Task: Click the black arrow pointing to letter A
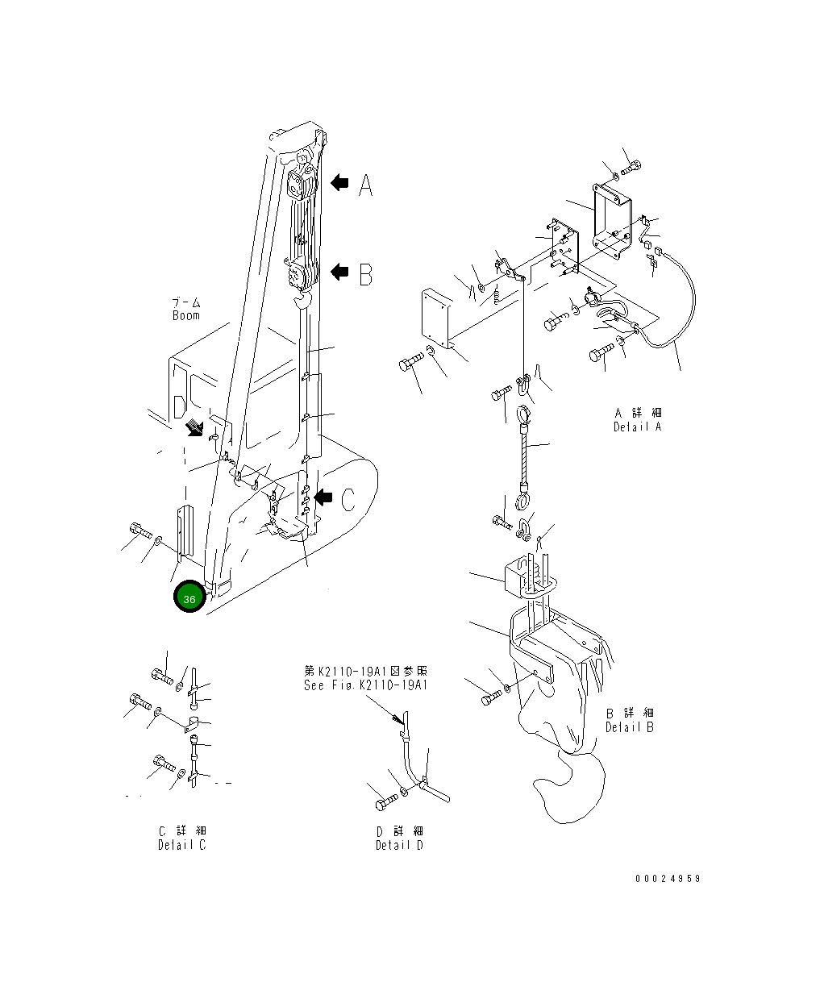[339, 184]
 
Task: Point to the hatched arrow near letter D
[194, 427]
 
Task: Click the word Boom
[186, 316]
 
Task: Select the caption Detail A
[636, 427]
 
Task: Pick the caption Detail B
[630, 727]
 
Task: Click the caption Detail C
[181, 845]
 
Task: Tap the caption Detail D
[399, 845]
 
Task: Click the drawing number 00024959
[667, 878]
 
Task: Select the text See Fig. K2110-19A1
[365, 685]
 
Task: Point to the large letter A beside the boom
[365, 186]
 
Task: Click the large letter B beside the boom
[365, 275]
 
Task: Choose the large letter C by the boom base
[348, 500]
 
